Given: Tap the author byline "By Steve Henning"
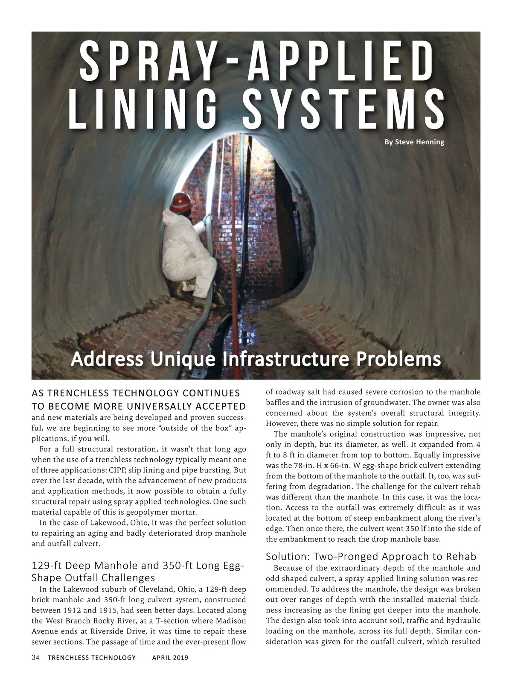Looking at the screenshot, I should click(x=414, y=142).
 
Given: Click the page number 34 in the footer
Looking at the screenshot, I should click(x=35, y=657).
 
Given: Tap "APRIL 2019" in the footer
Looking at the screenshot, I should click(x=170, y=657).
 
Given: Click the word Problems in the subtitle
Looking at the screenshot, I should click(x=398, y=359).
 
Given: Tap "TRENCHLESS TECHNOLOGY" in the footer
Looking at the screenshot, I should click(x=91, y=657).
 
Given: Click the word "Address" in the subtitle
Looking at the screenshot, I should click(x=107, y=359).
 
